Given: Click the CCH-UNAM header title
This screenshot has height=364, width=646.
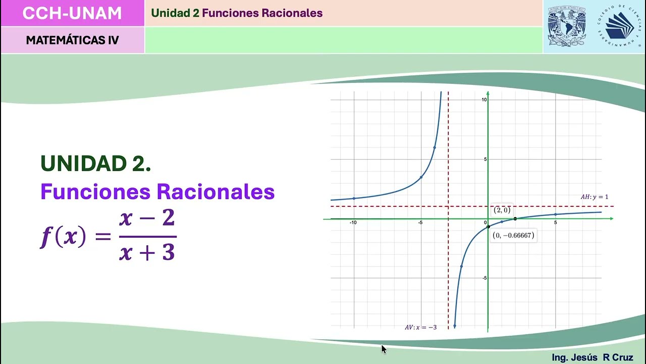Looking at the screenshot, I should (x=72, y=13).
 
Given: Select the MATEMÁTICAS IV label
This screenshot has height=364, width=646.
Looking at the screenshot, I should (x=72, y=40).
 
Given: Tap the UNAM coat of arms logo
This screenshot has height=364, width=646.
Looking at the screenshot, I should (x=566, y=26).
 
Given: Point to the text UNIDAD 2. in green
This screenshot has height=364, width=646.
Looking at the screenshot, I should (x=95, y=163).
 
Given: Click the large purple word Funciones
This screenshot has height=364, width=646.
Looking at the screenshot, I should (x=96, y=192).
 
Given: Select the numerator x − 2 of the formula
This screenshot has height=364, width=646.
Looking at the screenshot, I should (x=147, y=218).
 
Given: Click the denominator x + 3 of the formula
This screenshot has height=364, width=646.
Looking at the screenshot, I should (x=147, y=251).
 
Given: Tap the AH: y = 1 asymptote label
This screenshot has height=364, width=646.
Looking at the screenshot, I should (x=594, y=197).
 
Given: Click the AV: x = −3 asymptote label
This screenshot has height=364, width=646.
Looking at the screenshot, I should (x=420, y=327).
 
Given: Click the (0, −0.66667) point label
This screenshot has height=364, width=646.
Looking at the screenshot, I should (x=513, y=235).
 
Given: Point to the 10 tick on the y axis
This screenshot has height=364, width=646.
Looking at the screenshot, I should (x=484, y=100).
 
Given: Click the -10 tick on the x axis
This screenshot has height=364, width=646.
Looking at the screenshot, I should (x=353, y=222).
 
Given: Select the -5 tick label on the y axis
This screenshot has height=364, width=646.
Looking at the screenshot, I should (x=483, y=278).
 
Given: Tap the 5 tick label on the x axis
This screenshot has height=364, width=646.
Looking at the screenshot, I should (x=555, y=222).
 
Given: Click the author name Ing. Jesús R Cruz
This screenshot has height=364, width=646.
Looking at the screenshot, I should (x=592, y=357).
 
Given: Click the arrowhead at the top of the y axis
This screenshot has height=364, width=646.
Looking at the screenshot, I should (x=488, y=94).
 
